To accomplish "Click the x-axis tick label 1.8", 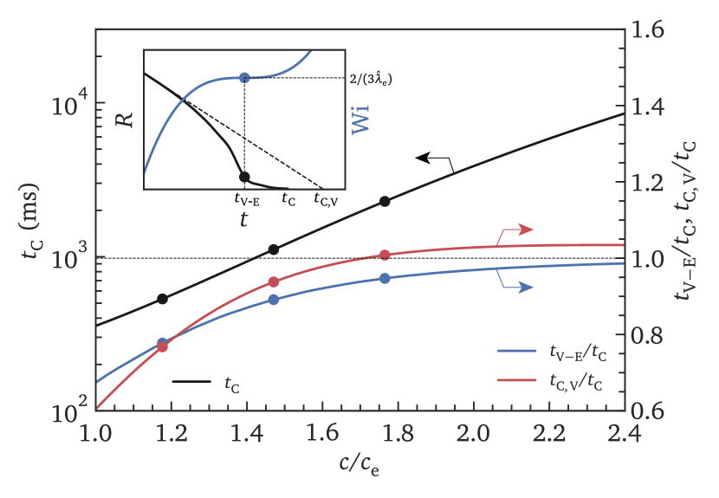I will (397, 432).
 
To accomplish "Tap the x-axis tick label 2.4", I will (623, 432).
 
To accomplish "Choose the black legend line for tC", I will (192, 381).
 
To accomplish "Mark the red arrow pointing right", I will (518, 230).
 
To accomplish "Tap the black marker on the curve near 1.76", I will (385, 201).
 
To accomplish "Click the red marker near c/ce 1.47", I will (274, 282).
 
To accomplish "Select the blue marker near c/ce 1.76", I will (385, 278).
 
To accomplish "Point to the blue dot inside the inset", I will (244, 78).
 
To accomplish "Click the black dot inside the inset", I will (244, 177).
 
